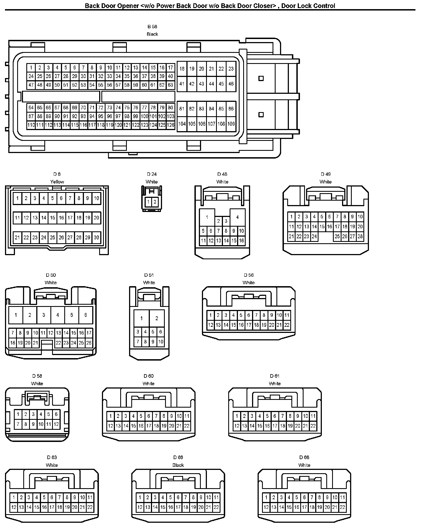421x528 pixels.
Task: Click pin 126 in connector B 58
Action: coord(171,125)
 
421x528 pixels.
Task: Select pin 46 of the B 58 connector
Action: coord(231,84)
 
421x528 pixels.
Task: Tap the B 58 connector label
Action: coord(152,27)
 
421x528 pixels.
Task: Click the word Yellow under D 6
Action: coord(57,182)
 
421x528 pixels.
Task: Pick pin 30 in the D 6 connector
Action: coord(96,237)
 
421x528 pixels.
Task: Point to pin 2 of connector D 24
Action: coord(155,202)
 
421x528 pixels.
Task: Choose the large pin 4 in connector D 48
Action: coord(237,217)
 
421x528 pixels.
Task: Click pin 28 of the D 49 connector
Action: coord(360,236)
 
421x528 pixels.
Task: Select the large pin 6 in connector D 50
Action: coord(86,315)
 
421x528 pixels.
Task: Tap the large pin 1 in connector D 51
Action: coord(142,318)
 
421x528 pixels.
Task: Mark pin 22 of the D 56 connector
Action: coord(287,325)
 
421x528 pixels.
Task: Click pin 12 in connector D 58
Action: coord(56,424)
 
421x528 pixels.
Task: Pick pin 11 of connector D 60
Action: coord(187,416)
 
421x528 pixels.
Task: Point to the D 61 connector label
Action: coord(275,376)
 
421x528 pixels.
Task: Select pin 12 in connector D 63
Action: coord(14,507)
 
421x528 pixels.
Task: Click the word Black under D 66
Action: coord(178,465)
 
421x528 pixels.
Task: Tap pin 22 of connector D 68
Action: coord(342,507)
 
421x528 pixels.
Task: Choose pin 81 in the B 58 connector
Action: coord(182,109)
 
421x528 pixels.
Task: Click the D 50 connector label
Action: coord(51,275)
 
